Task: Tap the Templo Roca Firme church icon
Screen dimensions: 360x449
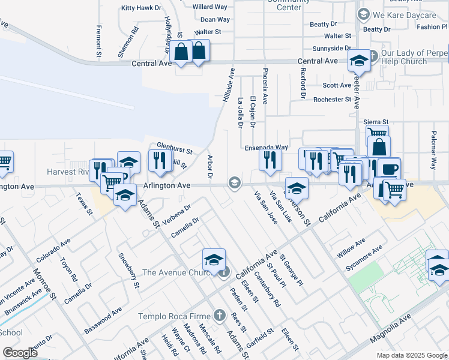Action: (220, 316)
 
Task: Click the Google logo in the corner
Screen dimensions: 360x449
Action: (20, 353)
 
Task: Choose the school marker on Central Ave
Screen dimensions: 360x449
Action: (359, 61)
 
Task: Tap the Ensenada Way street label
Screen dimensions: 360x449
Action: (266, 147)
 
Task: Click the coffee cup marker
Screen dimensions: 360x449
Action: (388, 169)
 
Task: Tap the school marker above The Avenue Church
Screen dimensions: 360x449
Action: (214, 260)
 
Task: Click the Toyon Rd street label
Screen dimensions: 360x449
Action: (68, 270)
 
